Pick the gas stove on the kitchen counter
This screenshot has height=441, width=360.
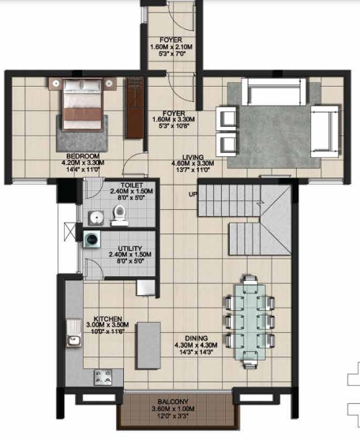103,378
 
